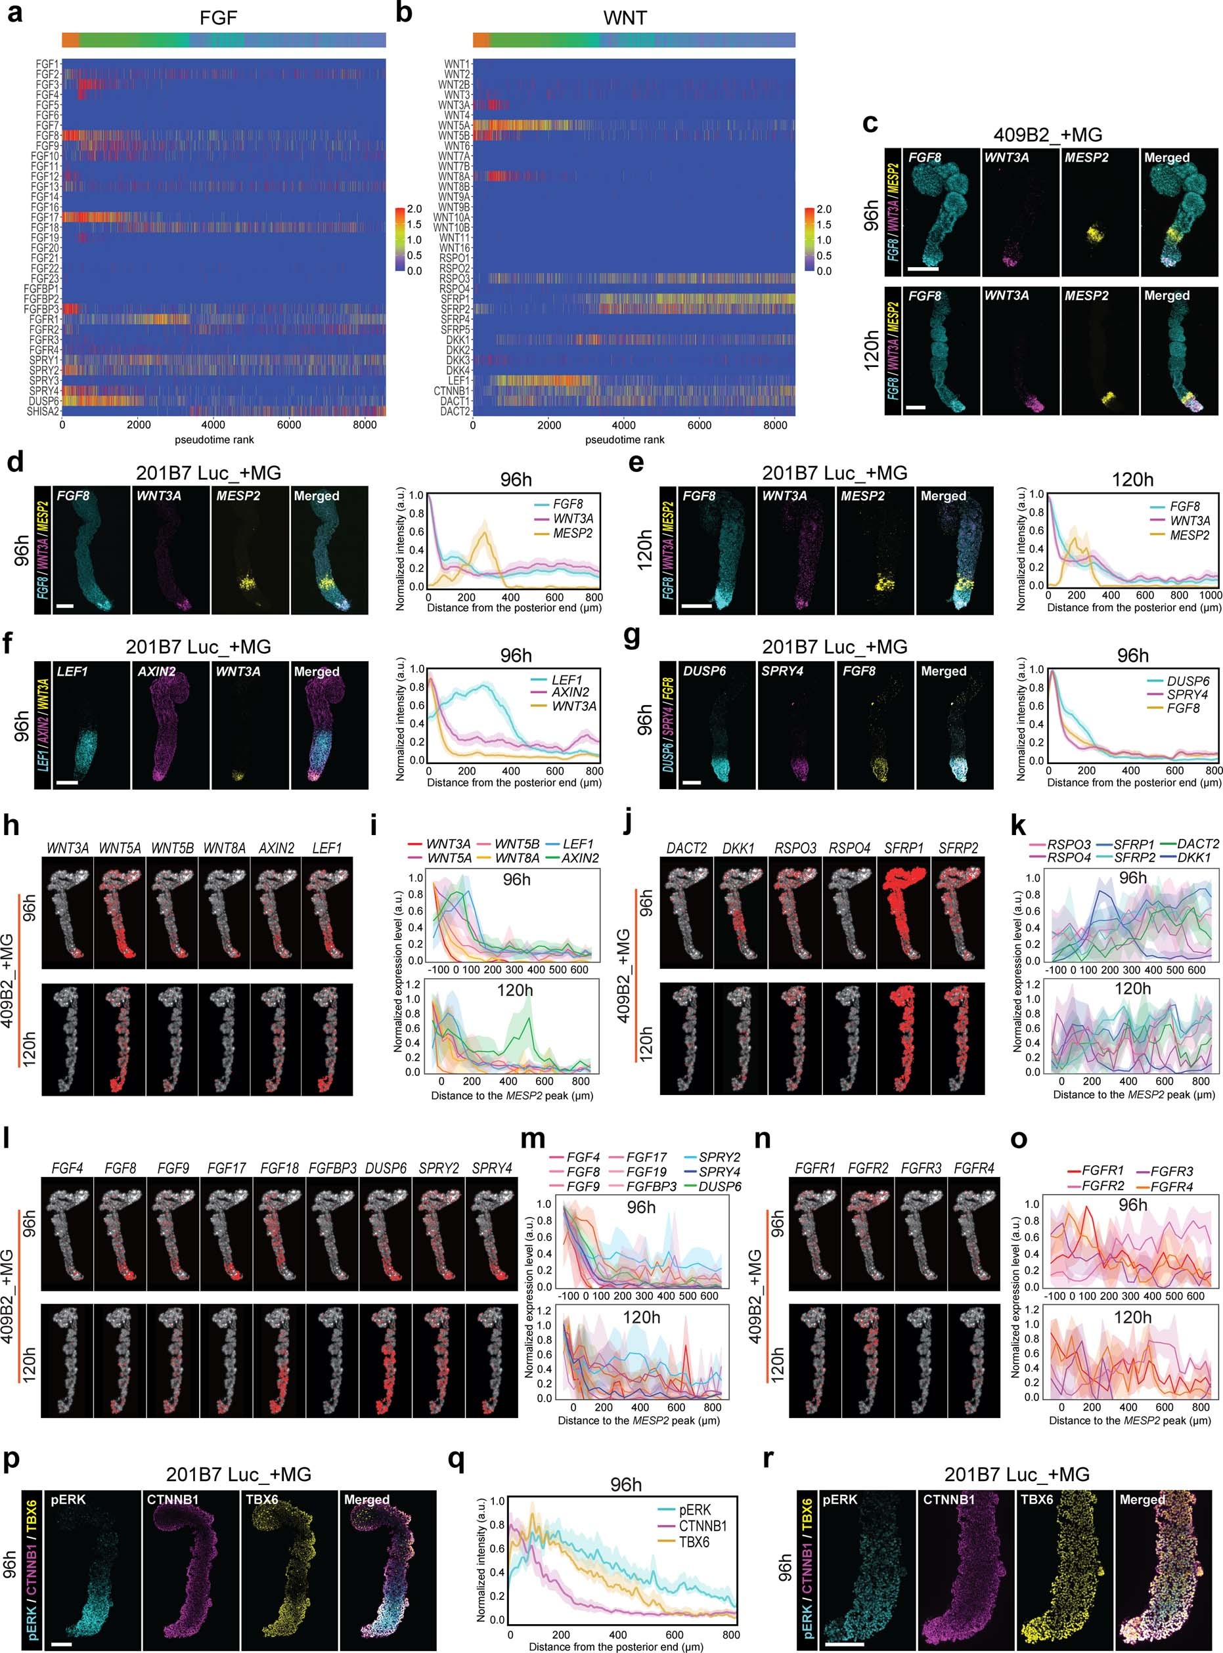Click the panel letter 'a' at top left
pos(14,14)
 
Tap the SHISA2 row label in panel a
pos(43,412)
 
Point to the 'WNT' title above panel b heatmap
pos(625,18)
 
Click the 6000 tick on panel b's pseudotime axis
pos(700,425)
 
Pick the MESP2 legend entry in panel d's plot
pos(572,534)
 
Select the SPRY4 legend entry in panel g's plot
pos(1188,695)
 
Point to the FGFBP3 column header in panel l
pos(332,1169)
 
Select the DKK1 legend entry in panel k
pos(1193,857)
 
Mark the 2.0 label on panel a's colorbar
pos(414,209)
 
